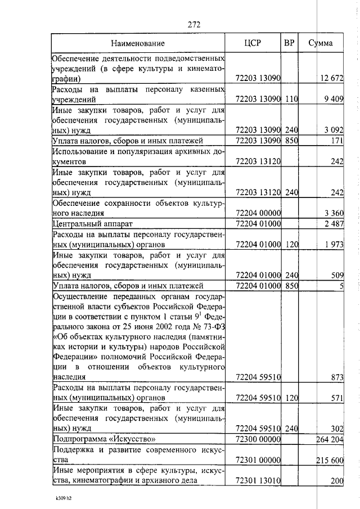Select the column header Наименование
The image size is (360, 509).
pyautogui.click(x=138, y=43)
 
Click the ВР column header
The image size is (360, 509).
pyautogui.click(x=289, y=43)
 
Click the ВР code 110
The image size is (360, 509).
pyautogui.click(x=291, y=99)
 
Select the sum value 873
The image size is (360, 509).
pyautogui.click(x=336, y=377)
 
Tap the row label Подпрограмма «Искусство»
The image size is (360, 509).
pyautogui.click(x=103, y=439)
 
